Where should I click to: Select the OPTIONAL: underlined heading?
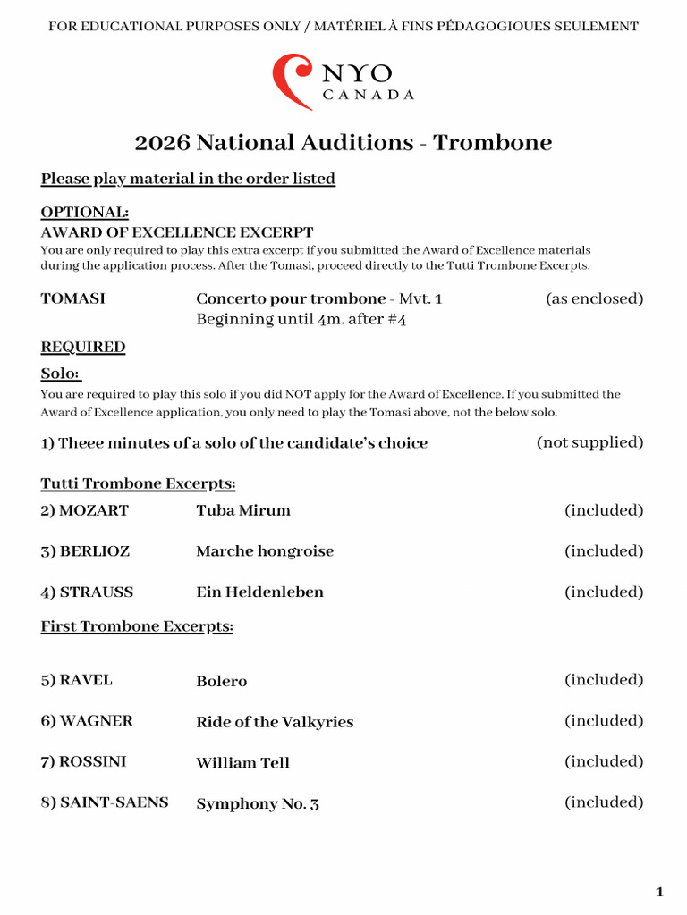point(84,213)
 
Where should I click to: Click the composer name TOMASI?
point(72,298)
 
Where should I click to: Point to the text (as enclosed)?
point(594,298)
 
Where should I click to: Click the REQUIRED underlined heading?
point(83,347)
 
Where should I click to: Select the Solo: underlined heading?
point(61,374)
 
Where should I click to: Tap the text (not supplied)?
point(589,442)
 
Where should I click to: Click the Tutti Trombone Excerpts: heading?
point(138,483)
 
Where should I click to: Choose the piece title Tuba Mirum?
point(243,510)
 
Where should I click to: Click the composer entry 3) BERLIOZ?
point(85,551)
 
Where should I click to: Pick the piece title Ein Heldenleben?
point(259,592)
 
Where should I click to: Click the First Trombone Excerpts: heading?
point(137,626)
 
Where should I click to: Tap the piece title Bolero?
point(221,681)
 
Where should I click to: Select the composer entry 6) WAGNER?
point(87,721)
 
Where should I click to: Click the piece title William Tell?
point(242,763)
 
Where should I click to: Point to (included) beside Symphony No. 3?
point(603,802)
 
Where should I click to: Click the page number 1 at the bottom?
point(659,892)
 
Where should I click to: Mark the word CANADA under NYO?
point(368,96)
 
